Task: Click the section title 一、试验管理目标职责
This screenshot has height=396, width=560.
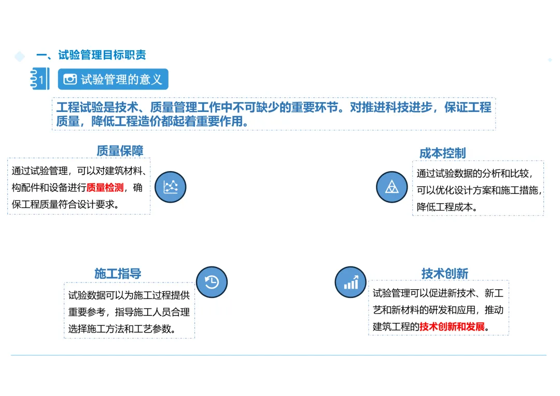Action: [91, 55]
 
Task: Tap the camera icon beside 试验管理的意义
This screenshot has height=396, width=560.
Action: [70, 79]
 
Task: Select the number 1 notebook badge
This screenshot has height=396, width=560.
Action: [40, 79]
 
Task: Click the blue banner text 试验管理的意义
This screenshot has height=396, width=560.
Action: [121, 79]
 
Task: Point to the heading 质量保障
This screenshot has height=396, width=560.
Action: [120, 150]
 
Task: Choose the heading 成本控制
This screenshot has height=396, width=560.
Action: [442, 153]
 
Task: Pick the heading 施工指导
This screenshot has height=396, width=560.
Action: [118, 273]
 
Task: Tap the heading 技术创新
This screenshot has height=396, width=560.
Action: [444, 273]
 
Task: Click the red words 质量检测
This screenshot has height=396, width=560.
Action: [105, 188]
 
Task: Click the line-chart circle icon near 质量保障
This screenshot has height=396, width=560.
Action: [170, 187]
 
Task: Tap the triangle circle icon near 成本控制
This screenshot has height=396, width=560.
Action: [391, 187]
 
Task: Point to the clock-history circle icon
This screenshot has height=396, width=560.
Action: [212, 282]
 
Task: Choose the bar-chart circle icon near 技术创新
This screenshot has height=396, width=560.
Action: [351, 282]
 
